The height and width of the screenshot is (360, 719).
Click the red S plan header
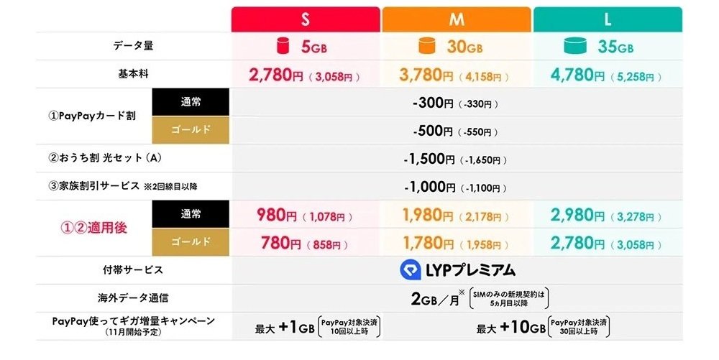tap(306, 19)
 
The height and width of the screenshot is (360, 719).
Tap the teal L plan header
tap(608, 19)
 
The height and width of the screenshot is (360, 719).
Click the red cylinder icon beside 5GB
tap(281, 47)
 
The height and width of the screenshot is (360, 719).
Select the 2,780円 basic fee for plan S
tap(275, 74)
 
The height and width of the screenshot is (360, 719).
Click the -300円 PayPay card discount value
tap(434, 103)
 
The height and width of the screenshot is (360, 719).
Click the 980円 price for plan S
tap(279, 215)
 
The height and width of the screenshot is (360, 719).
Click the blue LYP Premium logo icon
tap(411, 269)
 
